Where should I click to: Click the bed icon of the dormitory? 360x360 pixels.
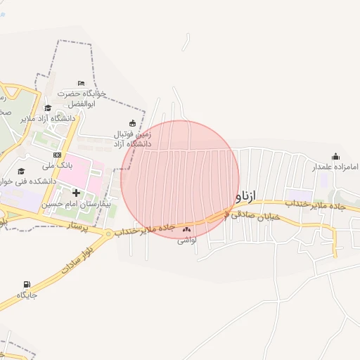(x=81, y=84)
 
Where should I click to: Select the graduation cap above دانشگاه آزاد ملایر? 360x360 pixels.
(x=48, y=108)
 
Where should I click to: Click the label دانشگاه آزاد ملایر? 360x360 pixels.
(x=48, y=118)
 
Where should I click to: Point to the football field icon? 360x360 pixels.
(x=132, y=123)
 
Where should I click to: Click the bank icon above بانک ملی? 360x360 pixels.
(x=57, y=155)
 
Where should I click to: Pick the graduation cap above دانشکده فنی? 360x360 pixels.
(x=21, y=171)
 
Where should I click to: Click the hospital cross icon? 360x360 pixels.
(x=76, y=193)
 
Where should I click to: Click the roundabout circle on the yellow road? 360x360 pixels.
(x=108, y=233)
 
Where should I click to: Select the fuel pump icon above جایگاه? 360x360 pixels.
(x=27, y=285)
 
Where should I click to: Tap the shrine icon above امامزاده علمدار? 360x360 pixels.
(x=335, y=156)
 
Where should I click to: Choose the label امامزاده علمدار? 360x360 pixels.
(x=334, y=167)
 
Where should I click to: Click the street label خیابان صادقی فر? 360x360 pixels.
(x=254, y=217)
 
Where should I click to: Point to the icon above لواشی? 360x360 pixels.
(x=186, y=229)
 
